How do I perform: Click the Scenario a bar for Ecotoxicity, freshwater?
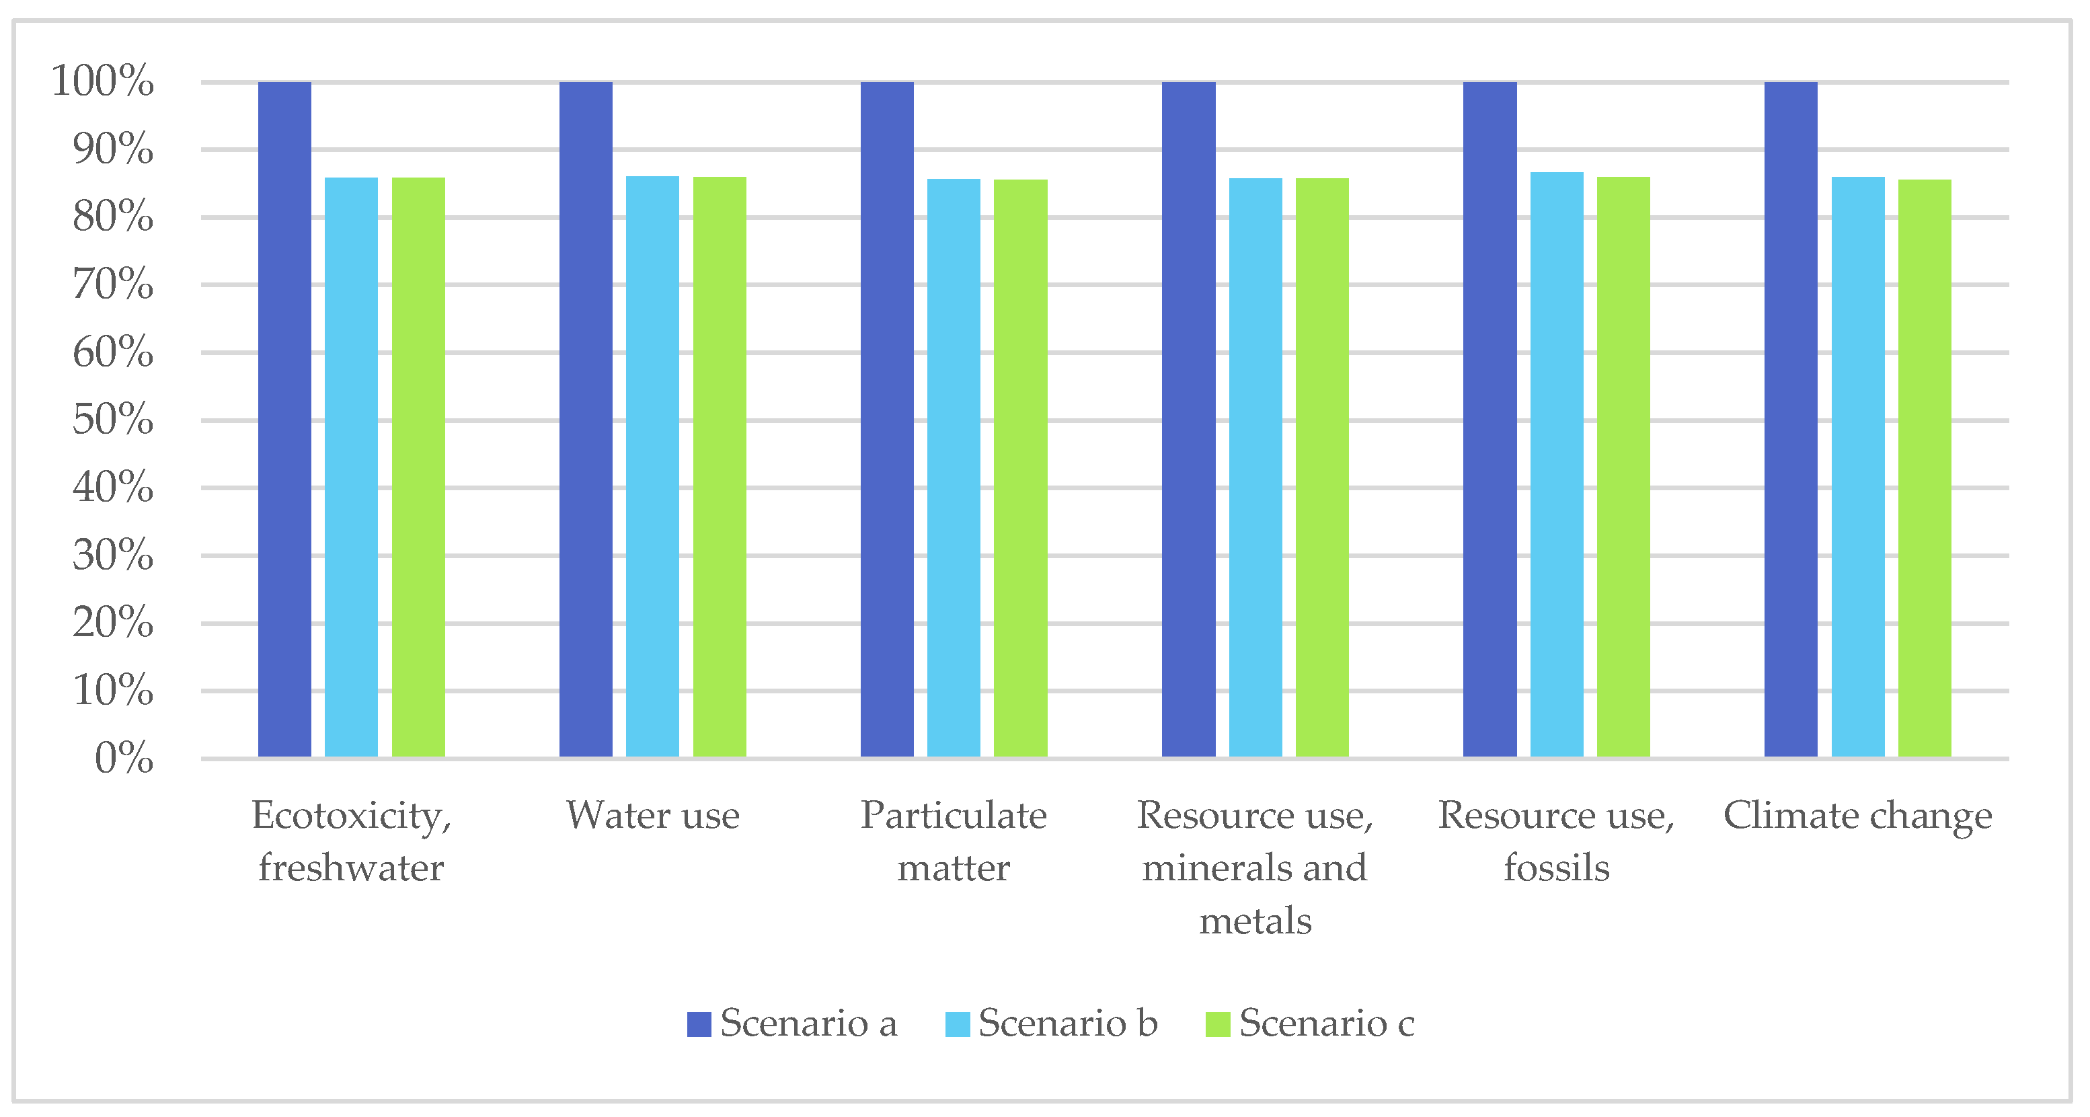point(284,420)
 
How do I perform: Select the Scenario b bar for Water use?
point(652,467)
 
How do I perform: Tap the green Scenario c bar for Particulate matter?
point(1020,468)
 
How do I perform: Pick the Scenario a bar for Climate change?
point(1791,420)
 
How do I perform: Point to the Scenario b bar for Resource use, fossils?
point(1556,464)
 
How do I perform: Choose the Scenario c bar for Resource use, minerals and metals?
point(1321,467)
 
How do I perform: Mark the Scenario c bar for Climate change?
point(1924,468)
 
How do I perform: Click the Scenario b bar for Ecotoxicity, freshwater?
point(351,467)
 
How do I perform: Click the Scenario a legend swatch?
point(699,1024)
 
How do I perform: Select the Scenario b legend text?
point(1068,1023)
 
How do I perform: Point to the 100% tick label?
point(102,81)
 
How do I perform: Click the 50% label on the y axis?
point(113,420)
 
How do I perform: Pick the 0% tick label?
point(123,759)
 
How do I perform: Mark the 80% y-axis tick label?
point(113,217)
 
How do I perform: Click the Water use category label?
point(652,815)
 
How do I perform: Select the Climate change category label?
point(1857,815)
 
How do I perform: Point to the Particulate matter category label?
point(954,841)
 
